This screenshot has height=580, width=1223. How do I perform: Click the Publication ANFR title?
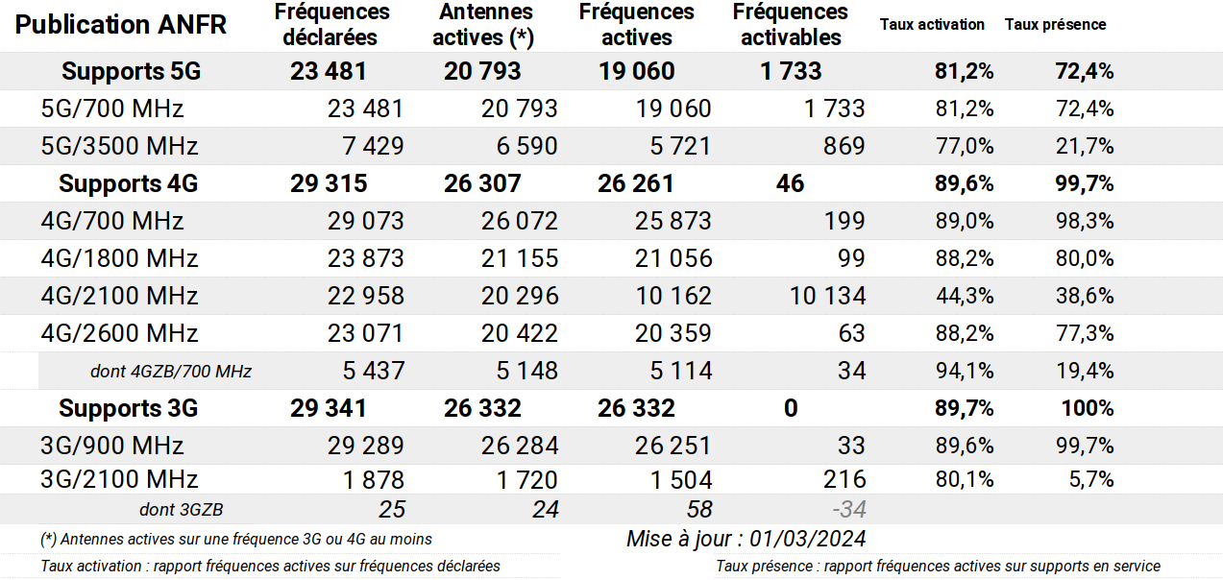(121, 25)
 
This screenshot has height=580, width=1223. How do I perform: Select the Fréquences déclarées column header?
(331, 25)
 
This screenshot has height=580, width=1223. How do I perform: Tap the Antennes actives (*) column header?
(484, 25)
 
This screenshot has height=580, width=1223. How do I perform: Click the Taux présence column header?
(1056, 25)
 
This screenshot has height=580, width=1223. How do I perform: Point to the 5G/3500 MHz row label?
(119, 146)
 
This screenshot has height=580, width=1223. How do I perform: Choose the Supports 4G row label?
(129, 183)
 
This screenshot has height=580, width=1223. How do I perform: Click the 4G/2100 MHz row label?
(119, 296)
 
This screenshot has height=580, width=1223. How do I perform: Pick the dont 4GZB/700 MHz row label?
(171, 372)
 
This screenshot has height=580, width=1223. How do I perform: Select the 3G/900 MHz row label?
(112, 446)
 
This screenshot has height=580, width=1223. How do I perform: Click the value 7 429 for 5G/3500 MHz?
(374, 146)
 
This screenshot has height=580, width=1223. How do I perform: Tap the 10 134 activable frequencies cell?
(828, 296)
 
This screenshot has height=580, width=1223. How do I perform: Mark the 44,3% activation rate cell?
(965, 296)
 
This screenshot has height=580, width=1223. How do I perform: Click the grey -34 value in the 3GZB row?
(849, 510)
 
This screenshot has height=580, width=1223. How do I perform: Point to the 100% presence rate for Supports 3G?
(1088, 408)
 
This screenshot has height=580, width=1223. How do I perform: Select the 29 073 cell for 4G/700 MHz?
(366, 221)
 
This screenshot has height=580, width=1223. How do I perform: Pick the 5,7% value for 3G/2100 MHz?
(1091, 479)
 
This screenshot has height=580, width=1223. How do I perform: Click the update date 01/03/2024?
(808, 539)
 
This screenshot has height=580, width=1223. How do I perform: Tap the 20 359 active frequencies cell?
(673, 333)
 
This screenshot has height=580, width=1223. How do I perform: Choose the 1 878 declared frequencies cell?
(374, 480)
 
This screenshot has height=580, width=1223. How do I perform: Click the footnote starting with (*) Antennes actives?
(236, 540)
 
